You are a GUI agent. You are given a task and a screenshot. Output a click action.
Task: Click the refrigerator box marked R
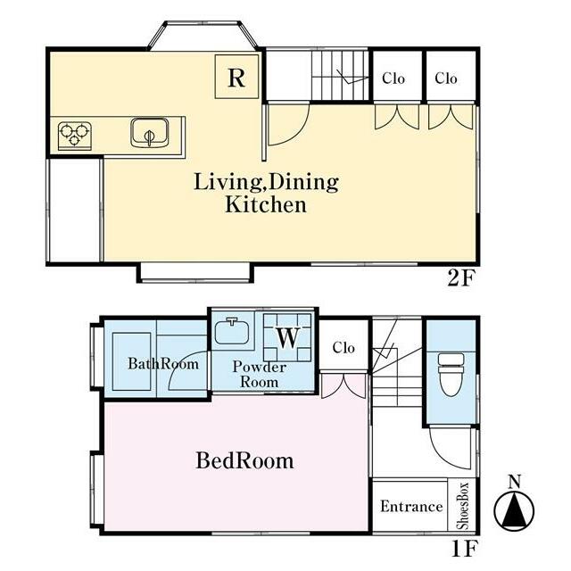pyautogui.click(x=236, y=77)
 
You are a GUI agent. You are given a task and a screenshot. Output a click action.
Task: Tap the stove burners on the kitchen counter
pyautogui.click(x=75, y=136)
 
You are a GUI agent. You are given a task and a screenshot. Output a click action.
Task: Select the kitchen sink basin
pyautogui.click(x=150, y=133)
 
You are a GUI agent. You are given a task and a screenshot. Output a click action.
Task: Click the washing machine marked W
pyautogui.click(x=287, y=337)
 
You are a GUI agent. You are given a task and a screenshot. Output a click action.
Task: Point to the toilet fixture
pyautogui.click(x=451, y=375)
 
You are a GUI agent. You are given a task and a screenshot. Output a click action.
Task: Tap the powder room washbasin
pyautogui.click(x=232, y=331)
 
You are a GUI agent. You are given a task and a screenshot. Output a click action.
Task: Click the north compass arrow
pyautogui.click(x=514, y=510)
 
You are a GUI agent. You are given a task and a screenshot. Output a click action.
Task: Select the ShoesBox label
pyautogui.click(x=462, y=506)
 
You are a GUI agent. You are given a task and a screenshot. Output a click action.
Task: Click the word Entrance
pyautogui.click(x=411, y=507)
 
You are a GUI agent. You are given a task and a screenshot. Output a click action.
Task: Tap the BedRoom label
pyautogui.click(x=244, y=460)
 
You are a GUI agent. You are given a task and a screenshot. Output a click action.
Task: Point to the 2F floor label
pyautogui.click(x=461, y=279)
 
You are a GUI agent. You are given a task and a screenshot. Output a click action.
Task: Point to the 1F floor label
pyautogui.click(x=464, y=549)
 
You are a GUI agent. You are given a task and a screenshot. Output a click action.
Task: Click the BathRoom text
pyautogui.click(x=163, y=363)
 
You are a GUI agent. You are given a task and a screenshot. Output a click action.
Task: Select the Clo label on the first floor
pyautogui.click(x=343, y=348)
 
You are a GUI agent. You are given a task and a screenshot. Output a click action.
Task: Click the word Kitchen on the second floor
pyautogui.click(x=266, y=204)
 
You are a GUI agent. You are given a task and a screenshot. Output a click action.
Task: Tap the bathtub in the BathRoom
pyautogui.click(x=132, y=361)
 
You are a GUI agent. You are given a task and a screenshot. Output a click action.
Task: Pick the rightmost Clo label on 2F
pyautogui.click(x=446, y=79)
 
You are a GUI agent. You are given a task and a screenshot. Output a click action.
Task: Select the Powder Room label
pyautogui.click(x=260, y=375)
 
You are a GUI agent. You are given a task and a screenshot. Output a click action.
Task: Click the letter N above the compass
pyautogui.click(x=514, y=482)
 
